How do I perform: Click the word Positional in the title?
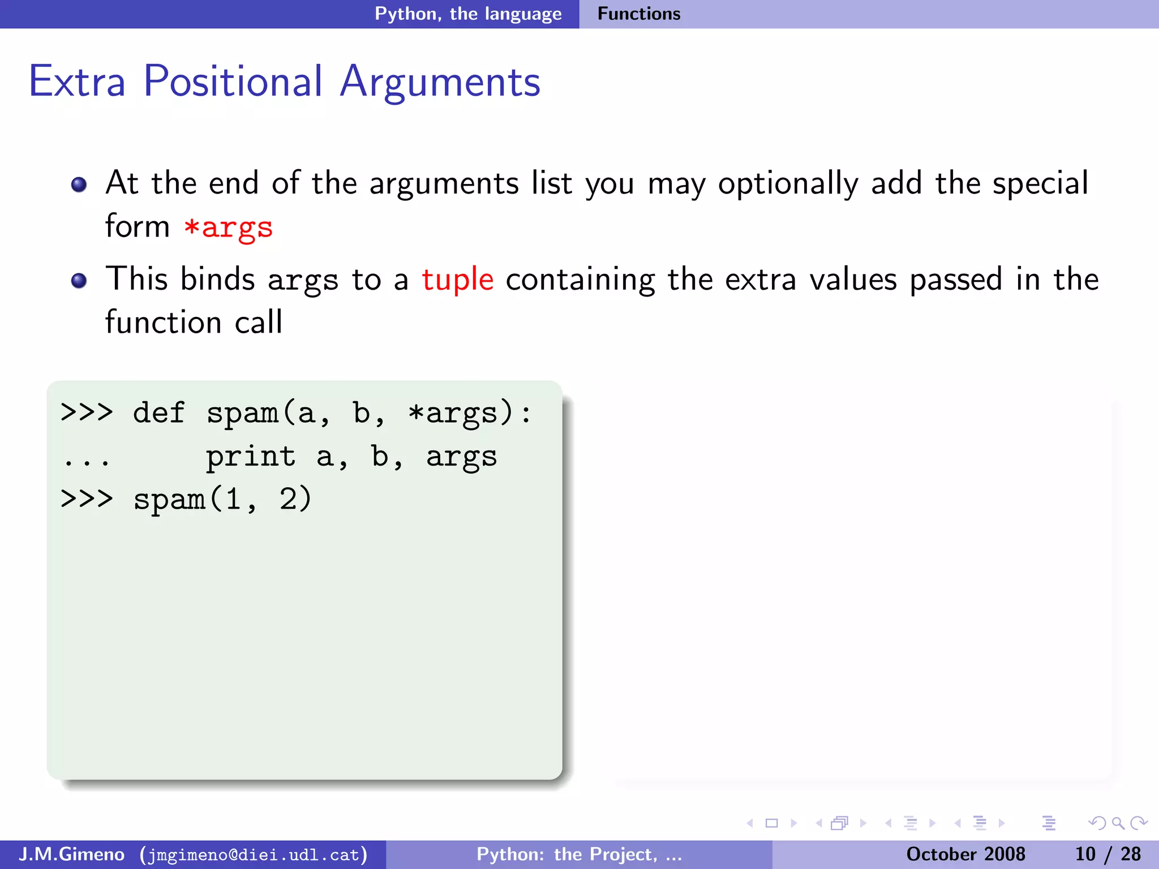[x=233, y=81]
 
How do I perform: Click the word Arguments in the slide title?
[x=440, y=83]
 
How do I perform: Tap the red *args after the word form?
[x=228, y=227]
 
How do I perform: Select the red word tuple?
[x=457, y=280]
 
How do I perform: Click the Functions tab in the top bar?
[x=639, y=14]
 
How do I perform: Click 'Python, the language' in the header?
[x=468, y=14]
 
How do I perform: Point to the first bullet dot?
[x=79, y=184]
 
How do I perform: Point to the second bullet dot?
[x=79, y=281]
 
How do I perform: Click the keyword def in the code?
[x=158, y=412]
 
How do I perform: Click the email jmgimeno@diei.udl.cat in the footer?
[x=254, y=854]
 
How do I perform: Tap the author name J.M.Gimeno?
[x=71, y=854]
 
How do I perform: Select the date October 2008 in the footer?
[x=965, y=854]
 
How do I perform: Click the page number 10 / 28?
[x=1108, y=854]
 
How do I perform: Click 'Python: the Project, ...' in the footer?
[x=579, y=854]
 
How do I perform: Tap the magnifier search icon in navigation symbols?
[x=1118, y=823]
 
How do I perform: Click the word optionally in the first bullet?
[x=788, y=184]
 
